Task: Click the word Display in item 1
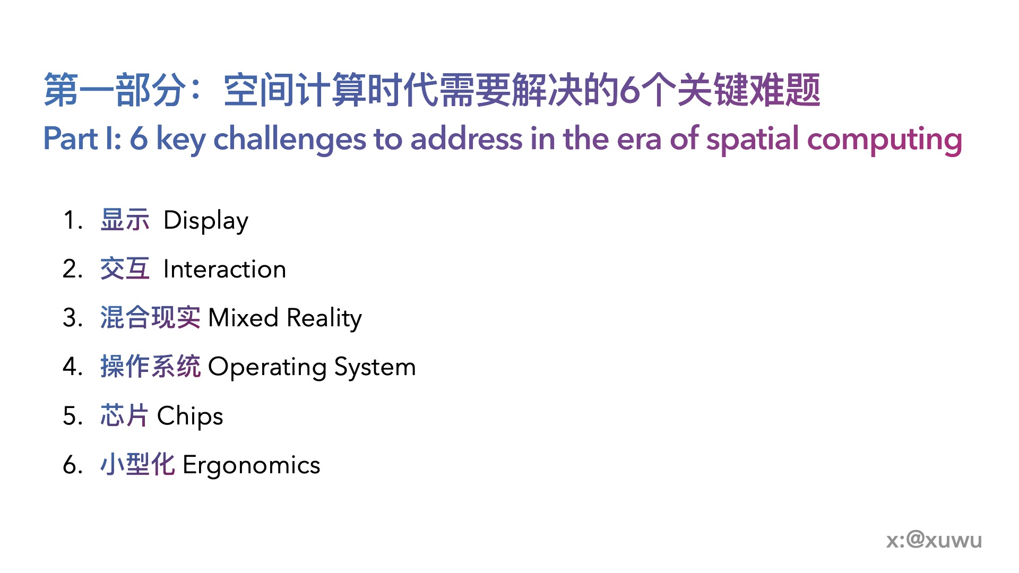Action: [x=206, y=221]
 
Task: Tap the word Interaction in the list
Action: [x=225, y=269]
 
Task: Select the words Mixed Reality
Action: [x=285, y=318]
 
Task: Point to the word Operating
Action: [x=267, y=367]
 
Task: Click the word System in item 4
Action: [x=375, y=367]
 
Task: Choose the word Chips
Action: [x=190, y=415]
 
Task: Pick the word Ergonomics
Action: [x=252, y=465]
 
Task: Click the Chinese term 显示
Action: [x=125, y=220]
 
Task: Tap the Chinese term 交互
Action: [x=125, y=269]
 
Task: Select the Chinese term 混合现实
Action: [x=150, y=318]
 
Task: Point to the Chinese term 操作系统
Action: [x=150, y=367]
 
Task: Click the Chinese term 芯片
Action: [x=124, y=415]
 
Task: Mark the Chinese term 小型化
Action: [x=137, y=464]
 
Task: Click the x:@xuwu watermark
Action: [x=934, y=540]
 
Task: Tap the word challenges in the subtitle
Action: [x=290, y=139]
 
